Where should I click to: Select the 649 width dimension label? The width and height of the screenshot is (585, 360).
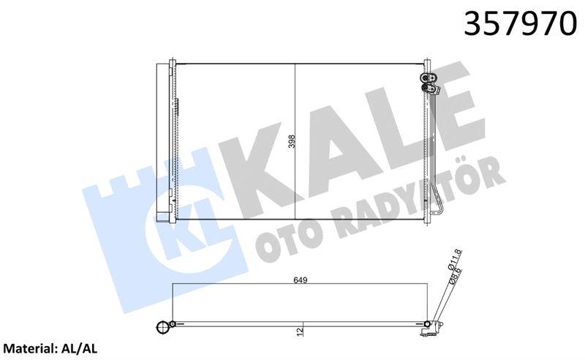(x=300, y=280)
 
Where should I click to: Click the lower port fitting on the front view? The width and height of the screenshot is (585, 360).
(x=432, y=89)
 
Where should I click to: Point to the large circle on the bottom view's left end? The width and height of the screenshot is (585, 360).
(x=162, y=326)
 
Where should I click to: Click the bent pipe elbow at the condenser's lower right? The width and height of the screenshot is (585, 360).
(x=436, y=209)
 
